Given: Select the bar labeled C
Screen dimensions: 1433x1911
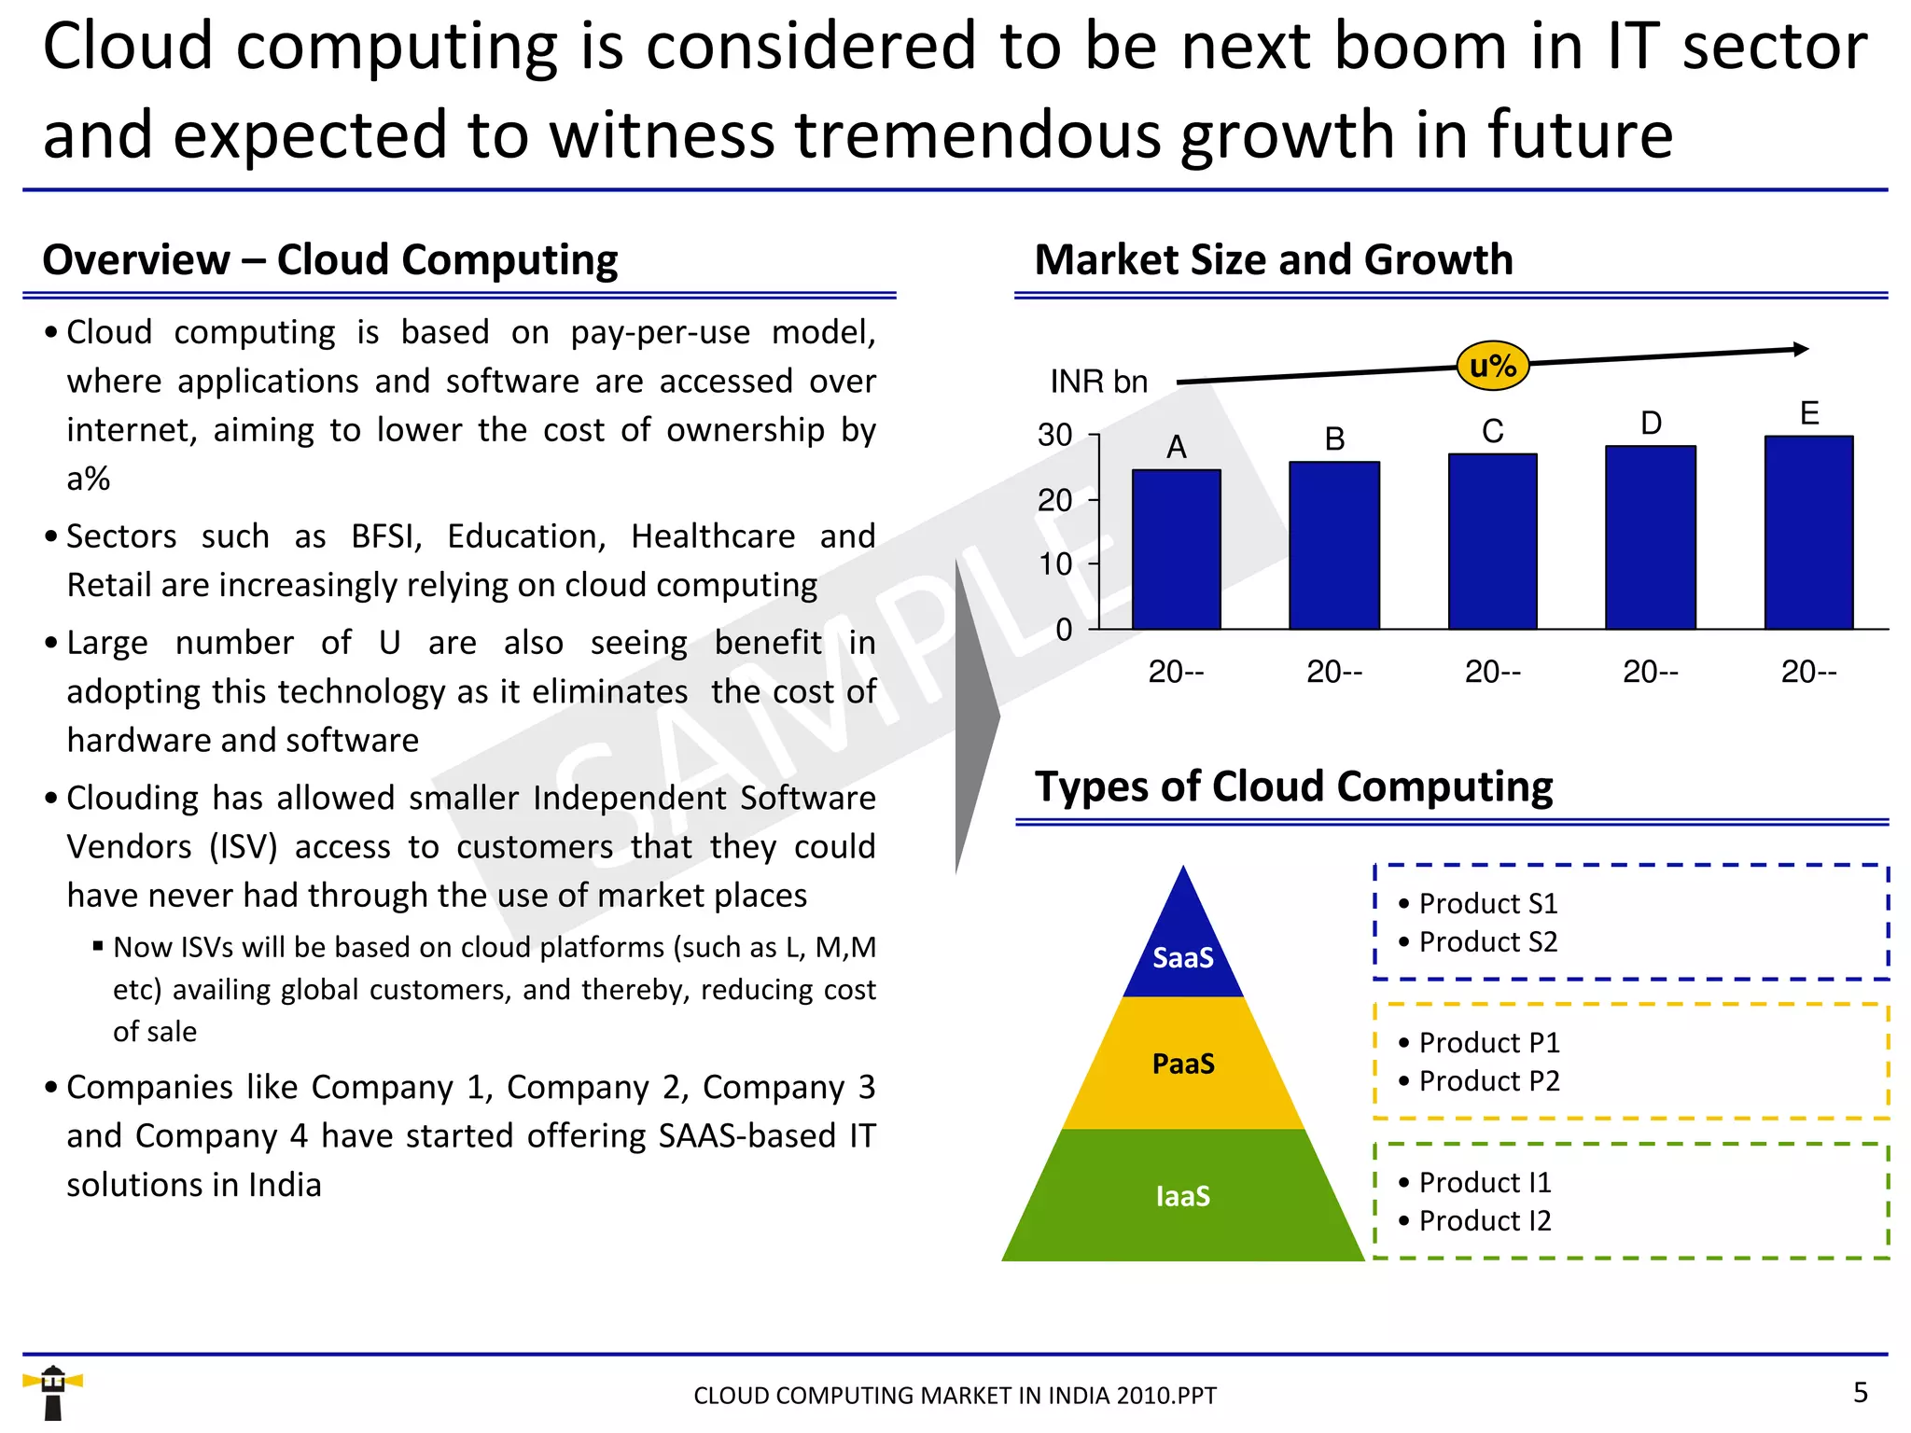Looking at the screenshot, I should coord(1492,541).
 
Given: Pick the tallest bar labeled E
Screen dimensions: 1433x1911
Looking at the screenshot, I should coord(1808,532).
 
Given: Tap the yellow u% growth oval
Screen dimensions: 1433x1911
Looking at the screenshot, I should coord(1492,366).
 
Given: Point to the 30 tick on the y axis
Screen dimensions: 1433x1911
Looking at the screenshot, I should coord(1055,436).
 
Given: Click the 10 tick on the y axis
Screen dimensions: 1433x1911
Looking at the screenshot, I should coord(1055,563).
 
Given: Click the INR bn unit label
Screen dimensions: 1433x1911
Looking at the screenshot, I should coord(1098,382).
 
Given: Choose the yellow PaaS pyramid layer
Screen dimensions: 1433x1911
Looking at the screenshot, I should coord(1183,1064).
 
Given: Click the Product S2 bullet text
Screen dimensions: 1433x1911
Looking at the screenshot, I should coord(1487,942).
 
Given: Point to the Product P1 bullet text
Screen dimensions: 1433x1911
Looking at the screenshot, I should coord(1488,1043).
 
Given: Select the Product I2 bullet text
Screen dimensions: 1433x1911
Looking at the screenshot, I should coord(1484,1221).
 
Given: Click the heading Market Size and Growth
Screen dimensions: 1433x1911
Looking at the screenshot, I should coord(1274,259).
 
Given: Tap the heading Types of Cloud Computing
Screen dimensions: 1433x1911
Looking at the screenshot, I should coord(1293,786).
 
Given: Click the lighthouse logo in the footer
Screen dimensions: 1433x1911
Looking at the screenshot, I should coord(53,1392).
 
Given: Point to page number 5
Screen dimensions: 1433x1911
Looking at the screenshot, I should coord(1860,1393).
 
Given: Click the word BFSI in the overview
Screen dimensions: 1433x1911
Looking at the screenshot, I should coord(386,536).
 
